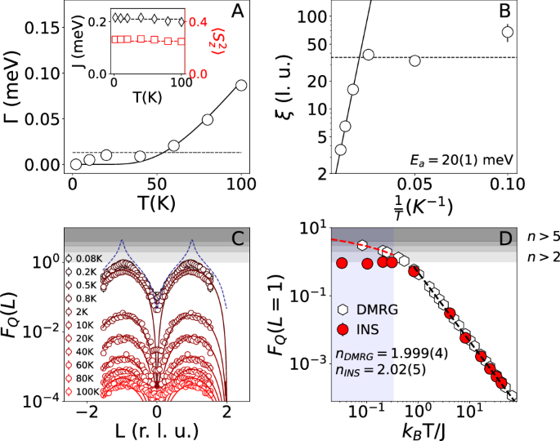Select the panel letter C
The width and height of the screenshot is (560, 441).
[x=237, y=238]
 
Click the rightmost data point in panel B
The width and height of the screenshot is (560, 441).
[x=507, y=33]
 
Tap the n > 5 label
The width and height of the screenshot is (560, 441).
[x=540, y=238]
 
